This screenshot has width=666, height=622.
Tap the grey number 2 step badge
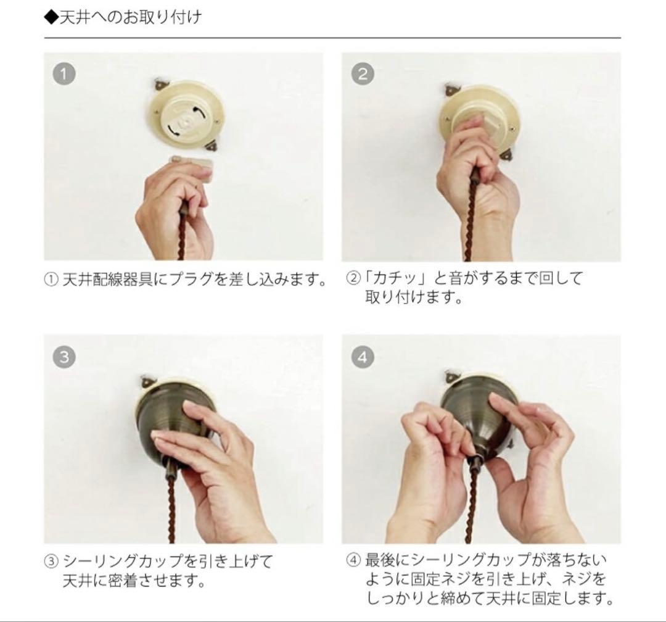[x=363, y=74]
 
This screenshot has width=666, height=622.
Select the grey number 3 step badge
[x=64, y=357]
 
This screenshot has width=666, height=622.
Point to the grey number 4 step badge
[x=363, y=357]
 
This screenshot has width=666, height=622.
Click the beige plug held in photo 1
[x=192, y=165]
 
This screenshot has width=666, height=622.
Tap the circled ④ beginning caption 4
[x=352, y=561]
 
